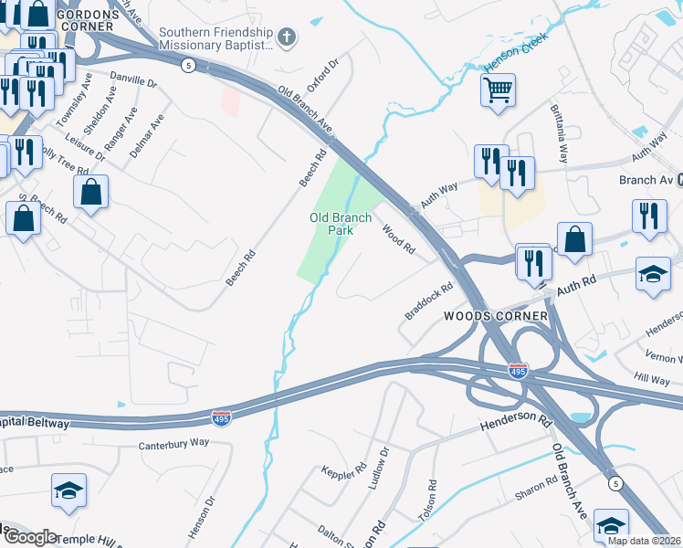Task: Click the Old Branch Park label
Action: coord(341,224)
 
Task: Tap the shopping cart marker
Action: coord(498,90)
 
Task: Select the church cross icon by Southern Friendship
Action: coord(287,37)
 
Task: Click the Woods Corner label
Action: coord(496,316)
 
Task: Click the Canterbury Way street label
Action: coord(173,444)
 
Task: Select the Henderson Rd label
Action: coord(516,423)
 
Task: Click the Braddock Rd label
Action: coord(430,300)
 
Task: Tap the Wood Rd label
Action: coord(399,239)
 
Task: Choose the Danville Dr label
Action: coord(132,80)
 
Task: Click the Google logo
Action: coord(30,537)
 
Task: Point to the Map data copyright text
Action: coord(644,541)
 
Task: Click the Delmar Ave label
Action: coord(147,135)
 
